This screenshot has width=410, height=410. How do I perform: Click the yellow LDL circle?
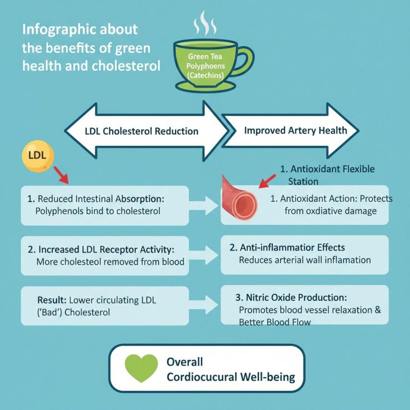37,155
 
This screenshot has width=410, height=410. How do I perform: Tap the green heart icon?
140,368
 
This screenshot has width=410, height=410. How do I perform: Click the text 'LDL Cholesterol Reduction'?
141,132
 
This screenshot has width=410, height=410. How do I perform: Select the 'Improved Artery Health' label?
295,131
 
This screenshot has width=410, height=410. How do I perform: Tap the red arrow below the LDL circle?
61,175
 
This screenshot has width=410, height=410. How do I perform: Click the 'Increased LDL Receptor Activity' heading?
100,250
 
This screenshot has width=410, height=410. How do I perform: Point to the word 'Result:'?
52,300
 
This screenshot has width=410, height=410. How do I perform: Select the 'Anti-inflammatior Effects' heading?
287,248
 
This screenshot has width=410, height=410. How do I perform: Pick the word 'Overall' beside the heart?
184,362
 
